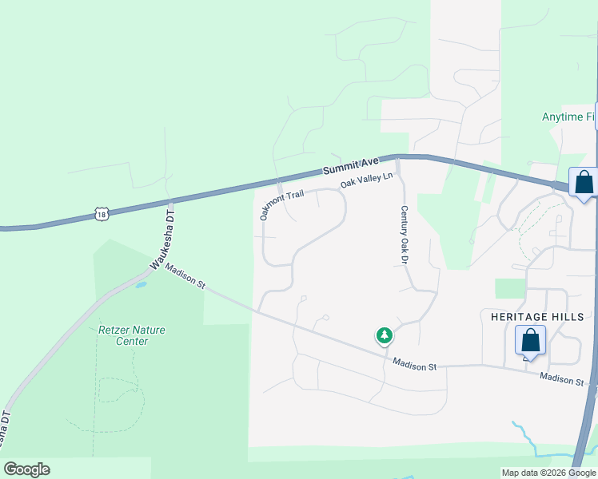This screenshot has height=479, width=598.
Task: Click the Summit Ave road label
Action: pos(350,166)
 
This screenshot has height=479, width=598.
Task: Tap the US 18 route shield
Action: pos(101,214)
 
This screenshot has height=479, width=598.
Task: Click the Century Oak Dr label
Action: pos(405,235)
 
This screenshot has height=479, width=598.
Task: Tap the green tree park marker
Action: pos(385,335)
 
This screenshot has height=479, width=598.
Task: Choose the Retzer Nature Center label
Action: pos(123,335)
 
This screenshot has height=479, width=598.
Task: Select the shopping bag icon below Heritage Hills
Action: pos(531,341)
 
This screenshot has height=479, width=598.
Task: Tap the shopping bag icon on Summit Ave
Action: pos(584,182)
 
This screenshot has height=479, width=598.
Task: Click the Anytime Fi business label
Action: pos(568,117)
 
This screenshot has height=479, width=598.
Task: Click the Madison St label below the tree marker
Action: pos(414,365)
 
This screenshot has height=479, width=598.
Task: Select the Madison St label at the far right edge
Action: pos(561,379)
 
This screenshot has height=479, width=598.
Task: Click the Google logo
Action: pos(26,469)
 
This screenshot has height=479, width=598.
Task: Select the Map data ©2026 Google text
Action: pos(548,473)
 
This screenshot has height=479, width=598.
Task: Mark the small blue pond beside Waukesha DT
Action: pos(141,284)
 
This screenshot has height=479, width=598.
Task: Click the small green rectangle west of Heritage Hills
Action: pos(510,288)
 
